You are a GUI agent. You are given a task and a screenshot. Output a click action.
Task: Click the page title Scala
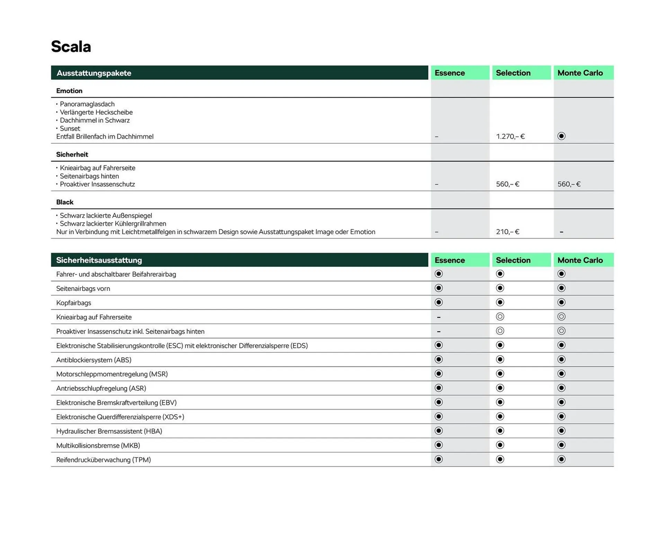[x=71, y=47]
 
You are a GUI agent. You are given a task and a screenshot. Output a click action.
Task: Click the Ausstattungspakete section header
[x=94, y=73]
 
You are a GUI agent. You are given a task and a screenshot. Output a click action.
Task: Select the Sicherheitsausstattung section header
[x=99, y=260]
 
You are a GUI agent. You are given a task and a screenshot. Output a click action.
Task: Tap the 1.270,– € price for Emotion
[x=510, y=137]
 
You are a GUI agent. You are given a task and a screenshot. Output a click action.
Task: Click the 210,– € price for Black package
[x=507, y=232]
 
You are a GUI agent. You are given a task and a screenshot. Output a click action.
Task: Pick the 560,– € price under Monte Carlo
[x=569, y=184]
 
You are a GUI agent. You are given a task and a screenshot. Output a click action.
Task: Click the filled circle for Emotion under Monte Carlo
[x=561, y=136]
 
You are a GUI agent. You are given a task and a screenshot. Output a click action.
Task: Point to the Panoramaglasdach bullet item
[x=87, y=104]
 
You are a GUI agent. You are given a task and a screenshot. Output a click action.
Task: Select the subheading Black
[x=65, y=202]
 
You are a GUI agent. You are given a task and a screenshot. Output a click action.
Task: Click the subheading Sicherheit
[x=72, y=155]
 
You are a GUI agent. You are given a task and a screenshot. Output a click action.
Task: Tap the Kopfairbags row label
[x=73, y=303]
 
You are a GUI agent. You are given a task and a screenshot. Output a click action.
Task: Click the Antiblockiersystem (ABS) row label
[x=94, y=360]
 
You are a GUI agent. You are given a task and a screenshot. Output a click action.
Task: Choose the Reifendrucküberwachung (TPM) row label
[x=103, y=460]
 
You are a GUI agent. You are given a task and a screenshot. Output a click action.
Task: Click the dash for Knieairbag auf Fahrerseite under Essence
[x=438, y=317]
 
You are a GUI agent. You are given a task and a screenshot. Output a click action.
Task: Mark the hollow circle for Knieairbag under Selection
[x=500, y=317]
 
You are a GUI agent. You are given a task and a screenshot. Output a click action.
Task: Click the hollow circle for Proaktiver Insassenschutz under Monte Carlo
[x=561, y=331]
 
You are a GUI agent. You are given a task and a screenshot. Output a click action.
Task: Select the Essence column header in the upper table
[x=450, y=73]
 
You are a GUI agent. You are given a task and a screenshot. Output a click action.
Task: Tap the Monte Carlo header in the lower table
[x=580, y=260]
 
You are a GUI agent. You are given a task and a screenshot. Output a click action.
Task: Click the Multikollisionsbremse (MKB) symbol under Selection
[x=500, y=445]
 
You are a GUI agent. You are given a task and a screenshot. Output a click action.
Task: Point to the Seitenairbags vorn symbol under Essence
[x=438, y=288]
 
